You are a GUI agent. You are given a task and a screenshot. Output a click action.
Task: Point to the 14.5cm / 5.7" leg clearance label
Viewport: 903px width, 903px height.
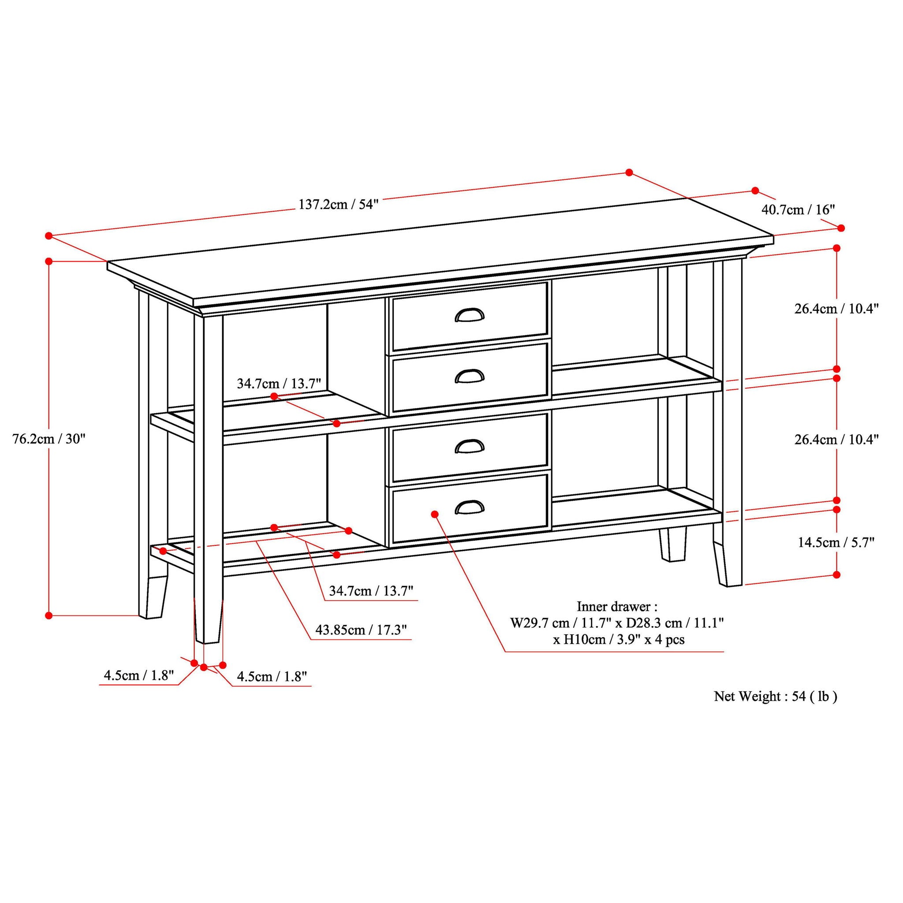tap(836, 542)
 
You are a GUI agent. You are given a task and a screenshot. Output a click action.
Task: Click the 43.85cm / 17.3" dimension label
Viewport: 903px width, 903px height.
tap(361, 630)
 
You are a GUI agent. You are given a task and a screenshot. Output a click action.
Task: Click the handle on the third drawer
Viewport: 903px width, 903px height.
tap(469, 446)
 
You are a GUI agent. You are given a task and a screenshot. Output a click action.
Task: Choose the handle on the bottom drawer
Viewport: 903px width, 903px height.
tap(469, 507)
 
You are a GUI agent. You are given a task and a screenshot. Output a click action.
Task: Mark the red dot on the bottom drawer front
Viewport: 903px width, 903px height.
tap(435, 514)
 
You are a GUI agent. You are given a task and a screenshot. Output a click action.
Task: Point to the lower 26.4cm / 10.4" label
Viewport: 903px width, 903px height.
tap(836, 439)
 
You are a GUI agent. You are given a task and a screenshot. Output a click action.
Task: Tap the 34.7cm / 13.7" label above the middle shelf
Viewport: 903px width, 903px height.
tap(279, 384)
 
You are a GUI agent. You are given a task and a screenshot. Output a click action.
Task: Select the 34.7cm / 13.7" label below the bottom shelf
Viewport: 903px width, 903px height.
tap(371, 591)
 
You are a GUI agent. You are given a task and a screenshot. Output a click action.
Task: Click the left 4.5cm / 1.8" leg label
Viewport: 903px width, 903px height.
tap(139, 675)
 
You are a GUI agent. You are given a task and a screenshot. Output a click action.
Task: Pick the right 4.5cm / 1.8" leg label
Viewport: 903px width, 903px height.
tap(272, 676)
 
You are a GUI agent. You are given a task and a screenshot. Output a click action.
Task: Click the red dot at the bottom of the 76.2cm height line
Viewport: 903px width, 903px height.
tap(49, 616)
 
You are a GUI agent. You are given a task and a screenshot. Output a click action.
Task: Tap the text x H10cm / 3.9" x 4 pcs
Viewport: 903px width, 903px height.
tap(619, 639)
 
